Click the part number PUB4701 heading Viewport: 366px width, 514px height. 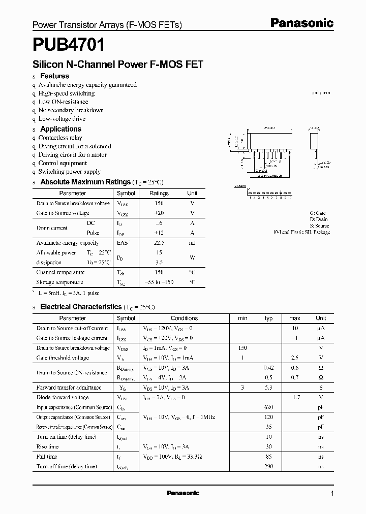(69, 46)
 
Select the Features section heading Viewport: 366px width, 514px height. (54, 76)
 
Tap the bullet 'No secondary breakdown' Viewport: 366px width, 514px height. (71, 110)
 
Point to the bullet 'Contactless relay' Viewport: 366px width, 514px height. (60, 138)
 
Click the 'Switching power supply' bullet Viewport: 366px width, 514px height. (69, 172)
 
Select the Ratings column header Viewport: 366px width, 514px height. (159, 194)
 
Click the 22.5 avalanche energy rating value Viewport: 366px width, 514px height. (159, 243)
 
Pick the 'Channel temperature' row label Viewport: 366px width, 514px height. (60, 272)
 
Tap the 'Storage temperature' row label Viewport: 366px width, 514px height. (59, 282)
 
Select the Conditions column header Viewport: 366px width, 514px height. (184, 318)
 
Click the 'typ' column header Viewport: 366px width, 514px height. (269, 318)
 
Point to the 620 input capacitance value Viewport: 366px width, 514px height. (269, 407)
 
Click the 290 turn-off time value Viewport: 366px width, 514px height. (269, 466)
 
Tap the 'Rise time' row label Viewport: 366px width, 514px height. (47, 447)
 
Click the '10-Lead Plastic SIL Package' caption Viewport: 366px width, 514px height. (301, 232)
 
